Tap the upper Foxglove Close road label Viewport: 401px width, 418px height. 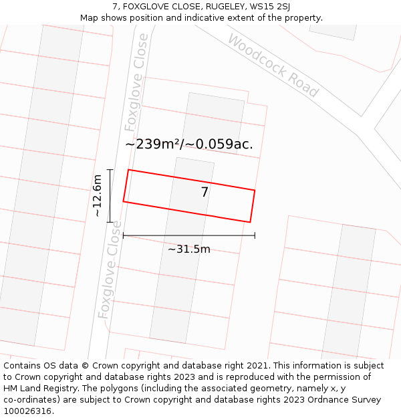(x=137, y=82)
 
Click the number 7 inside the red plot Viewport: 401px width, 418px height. (x=205, y=193)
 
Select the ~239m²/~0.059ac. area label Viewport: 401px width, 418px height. (x=189, y=144)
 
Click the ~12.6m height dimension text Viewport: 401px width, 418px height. (x=98, y=195)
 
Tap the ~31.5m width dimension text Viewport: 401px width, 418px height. (x=189, y=249)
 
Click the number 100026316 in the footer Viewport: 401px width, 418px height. (x=27, y=411)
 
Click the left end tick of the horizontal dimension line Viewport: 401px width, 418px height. (x=124, y=235)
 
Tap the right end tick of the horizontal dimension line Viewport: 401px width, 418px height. (x=255, y=235)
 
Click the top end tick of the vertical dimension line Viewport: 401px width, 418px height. (x=110, y=170)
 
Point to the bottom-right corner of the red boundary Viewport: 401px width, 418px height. (x=250, y=222)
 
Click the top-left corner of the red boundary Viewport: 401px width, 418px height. (x=128, y=170)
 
